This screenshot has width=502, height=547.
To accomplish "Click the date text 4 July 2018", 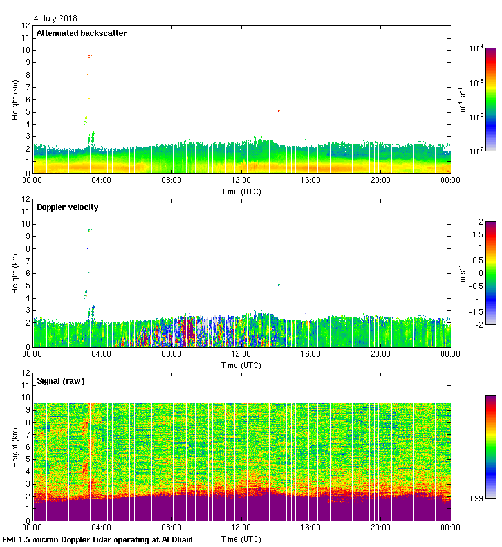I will [55, 19].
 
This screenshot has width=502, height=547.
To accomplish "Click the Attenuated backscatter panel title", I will [81, 33].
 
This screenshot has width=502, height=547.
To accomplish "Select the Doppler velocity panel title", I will [67, 207].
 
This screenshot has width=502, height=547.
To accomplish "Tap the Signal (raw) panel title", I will [60, 381].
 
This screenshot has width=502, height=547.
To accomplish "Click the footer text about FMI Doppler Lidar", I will [97, 539].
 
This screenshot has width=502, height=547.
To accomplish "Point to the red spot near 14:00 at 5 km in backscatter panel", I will [279, 111].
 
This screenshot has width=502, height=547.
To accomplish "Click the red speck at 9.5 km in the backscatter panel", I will [90, 56].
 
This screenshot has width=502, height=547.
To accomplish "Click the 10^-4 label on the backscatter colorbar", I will [477, 48].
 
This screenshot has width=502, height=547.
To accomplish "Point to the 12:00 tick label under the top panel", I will [241, 181].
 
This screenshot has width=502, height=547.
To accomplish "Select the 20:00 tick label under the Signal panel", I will [380, 528].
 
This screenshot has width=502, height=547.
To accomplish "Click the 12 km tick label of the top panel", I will [26, 26].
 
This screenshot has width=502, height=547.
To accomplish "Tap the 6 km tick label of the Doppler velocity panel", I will [28, 273].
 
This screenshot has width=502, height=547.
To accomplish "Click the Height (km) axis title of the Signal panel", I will [14, 447].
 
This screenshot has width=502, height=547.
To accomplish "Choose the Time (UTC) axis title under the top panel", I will [241, 191].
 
